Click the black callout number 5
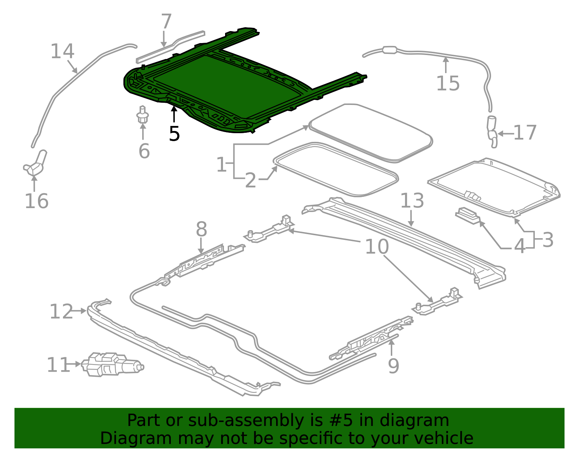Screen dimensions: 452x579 [174, 134]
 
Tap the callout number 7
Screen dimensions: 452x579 [166, 22]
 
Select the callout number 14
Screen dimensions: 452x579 [62, 51]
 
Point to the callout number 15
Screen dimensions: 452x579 [448, 84]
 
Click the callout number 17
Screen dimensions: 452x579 [525, 133]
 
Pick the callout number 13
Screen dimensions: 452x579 [412, 201]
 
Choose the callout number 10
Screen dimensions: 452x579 [377, 247]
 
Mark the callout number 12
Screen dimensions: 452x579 [61, 312]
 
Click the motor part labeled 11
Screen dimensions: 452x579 [112, 364]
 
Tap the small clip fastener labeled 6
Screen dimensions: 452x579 [143, 115]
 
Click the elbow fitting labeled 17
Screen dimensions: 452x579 [492, 132]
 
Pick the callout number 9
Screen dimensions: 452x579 [393, 366]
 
